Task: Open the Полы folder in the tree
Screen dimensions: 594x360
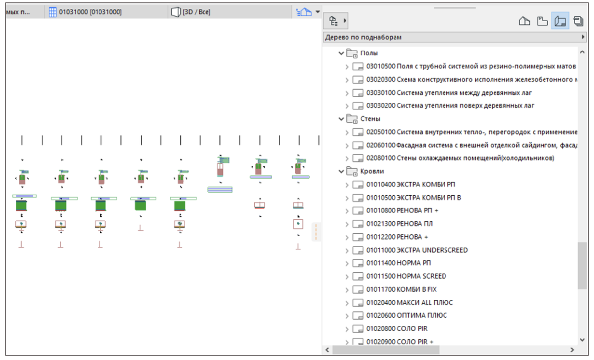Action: coord(369,53)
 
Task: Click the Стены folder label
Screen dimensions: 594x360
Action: coord(370,119)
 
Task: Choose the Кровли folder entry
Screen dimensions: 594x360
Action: coord(372,171)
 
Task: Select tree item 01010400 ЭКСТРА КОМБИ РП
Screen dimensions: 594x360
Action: coord(411,184)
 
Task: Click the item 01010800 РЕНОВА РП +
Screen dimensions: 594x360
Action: coord(402,210)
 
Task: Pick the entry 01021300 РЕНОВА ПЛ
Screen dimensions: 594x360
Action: coord(399,224)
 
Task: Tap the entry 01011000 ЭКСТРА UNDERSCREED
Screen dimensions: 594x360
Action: coord(417,250)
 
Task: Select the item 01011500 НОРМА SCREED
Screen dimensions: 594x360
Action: coord(406,276)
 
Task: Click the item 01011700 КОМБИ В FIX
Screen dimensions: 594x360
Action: coord(401,289)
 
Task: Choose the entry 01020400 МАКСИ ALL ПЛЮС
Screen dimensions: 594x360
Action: coord(410,303)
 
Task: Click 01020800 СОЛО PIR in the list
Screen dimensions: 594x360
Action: coord(397,329)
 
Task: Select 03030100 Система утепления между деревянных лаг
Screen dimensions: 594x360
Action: coord(449,93)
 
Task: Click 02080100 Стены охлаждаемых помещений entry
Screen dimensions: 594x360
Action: coord(460,158)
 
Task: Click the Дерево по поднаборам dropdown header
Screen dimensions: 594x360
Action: coord(454,37)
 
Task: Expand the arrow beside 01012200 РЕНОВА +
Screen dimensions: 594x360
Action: coord(347,237)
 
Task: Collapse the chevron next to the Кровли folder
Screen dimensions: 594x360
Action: coord(341,172)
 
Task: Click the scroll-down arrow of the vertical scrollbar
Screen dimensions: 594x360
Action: coord(582,340)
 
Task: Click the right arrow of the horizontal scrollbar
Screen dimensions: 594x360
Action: coord(572,350)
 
